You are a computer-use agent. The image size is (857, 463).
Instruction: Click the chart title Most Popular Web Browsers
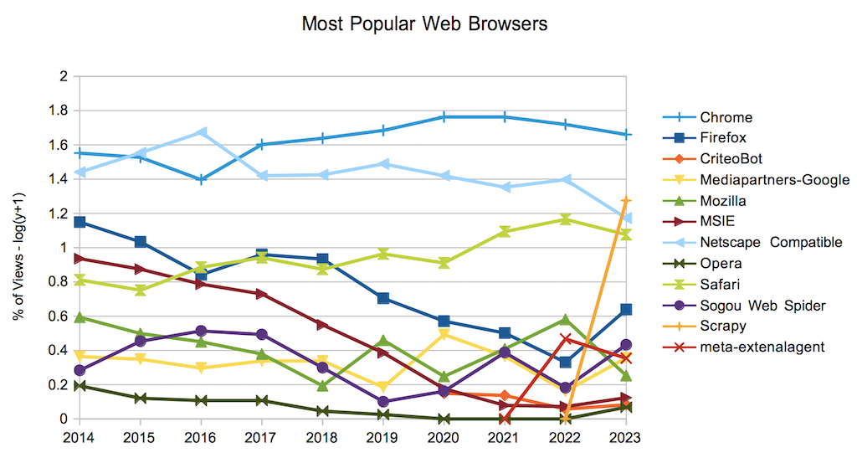click(424, 23)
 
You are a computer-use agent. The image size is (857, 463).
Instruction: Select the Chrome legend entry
click(726, 117)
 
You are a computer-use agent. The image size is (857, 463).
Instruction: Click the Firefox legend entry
click(723, 138)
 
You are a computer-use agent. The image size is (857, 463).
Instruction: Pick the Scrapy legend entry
click(723, 326)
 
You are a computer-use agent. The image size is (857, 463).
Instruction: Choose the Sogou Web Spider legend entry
click(762, 306)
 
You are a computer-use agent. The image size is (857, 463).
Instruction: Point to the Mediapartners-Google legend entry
click(774, 180)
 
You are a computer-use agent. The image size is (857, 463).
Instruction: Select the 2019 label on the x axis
click(382, 436)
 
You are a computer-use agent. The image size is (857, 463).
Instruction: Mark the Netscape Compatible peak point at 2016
click(201, 132)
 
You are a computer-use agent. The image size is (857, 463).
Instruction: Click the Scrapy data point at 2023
click(625, 200)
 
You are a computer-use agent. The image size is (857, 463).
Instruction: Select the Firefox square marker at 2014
click(80, 222)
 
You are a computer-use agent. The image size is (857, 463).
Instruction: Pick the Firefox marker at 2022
click(565, 362)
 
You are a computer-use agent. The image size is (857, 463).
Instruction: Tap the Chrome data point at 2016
click(201, 179)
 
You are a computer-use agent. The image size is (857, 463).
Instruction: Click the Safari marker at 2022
click(565, 219)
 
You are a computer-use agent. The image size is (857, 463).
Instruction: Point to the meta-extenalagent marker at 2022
click(565, 338)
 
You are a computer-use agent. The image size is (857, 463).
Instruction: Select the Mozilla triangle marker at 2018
click(322, 385)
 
